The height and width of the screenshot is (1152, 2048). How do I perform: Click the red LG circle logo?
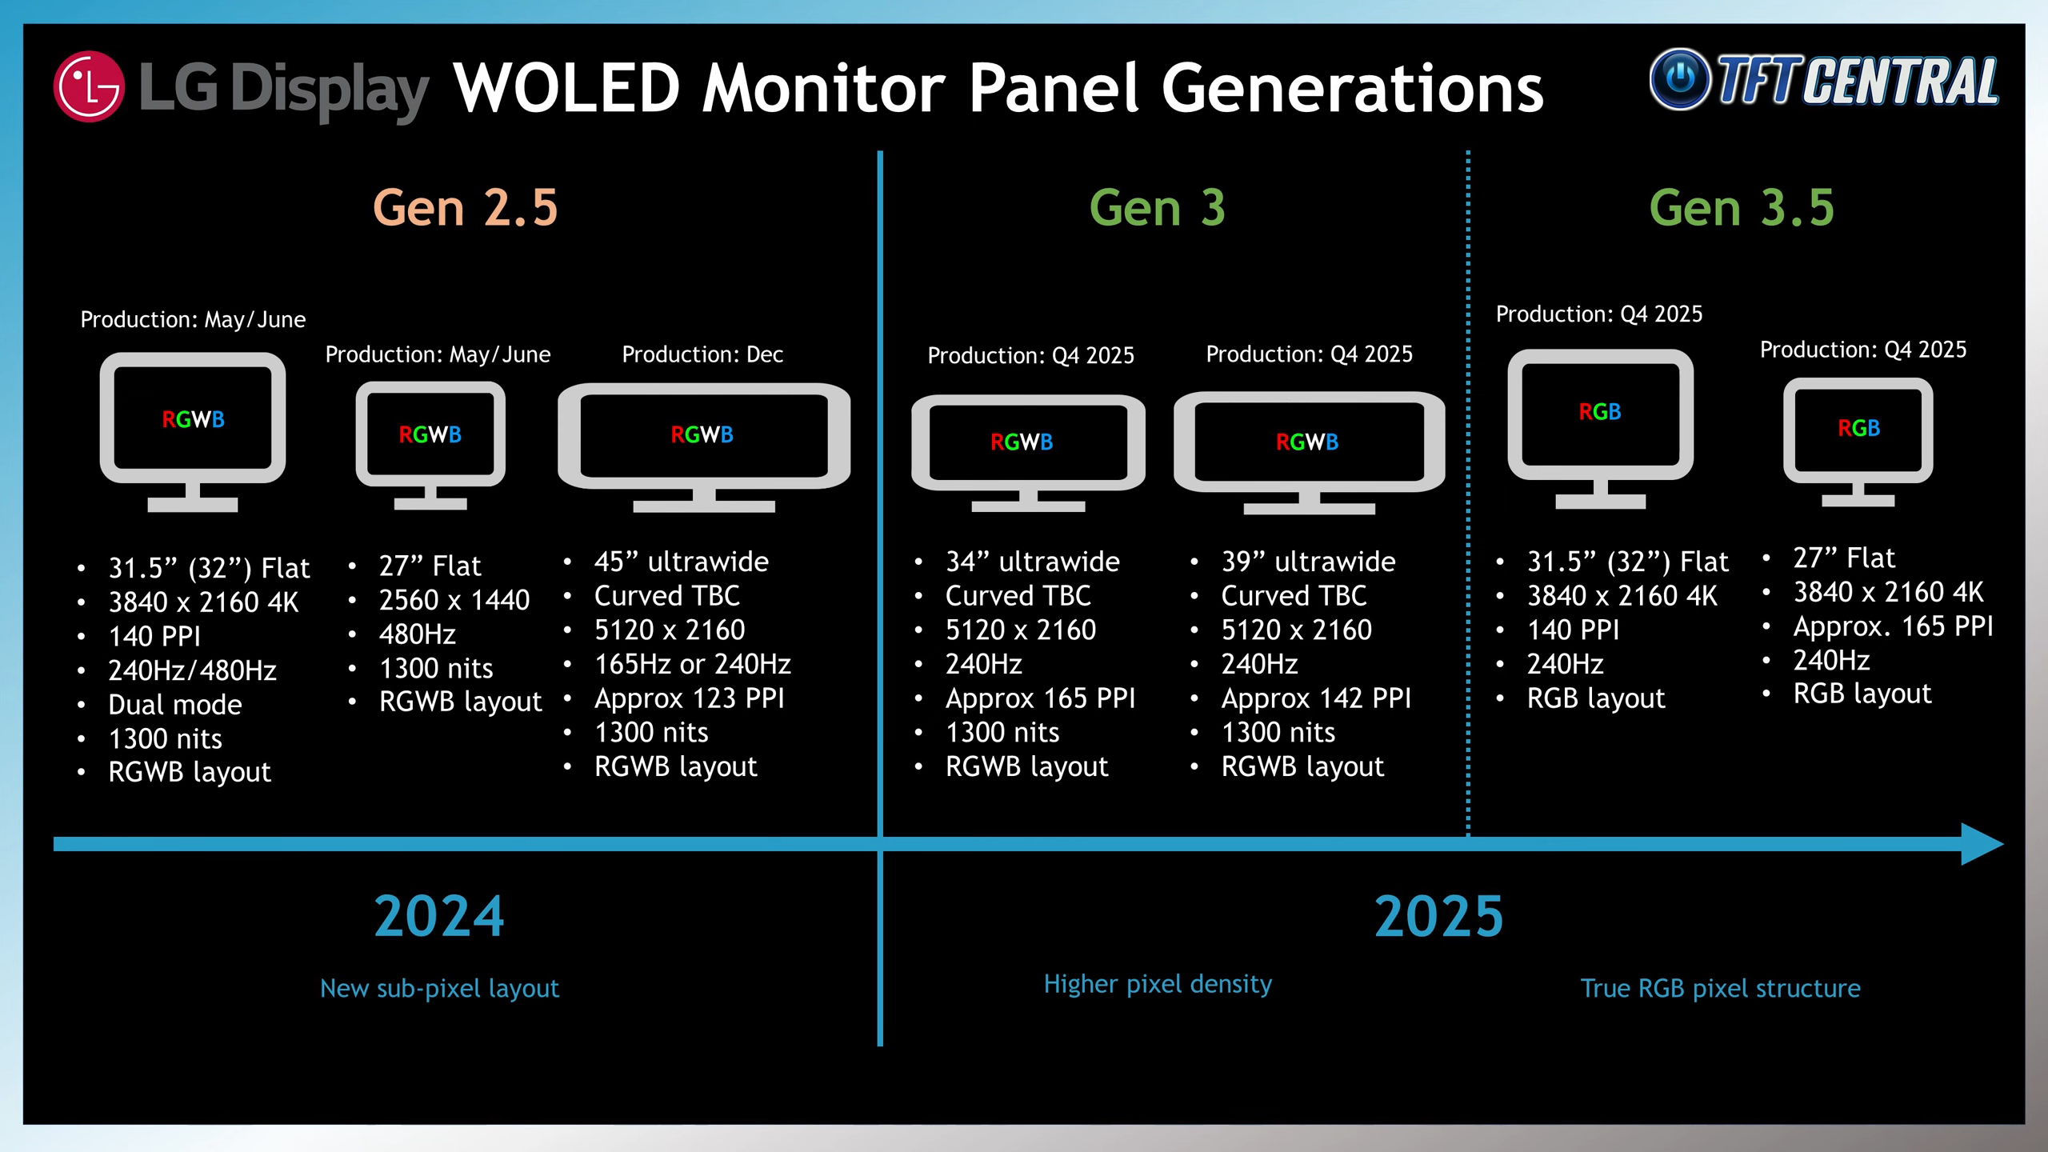89,86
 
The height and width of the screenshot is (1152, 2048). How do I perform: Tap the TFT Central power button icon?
1680,78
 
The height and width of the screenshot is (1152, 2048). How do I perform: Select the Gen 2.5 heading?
465,208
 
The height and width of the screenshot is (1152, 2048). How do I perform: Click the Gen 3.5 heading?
1742,208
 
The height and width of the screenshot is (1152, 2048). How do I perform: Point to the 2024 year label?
439,916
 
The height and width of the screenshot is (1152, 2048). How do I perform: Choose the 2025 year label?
1439,916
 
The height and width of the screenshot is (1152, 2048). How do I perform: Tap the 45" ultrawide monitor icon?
704,447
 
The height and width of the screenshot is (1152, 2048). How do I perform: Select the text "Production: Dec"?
702,354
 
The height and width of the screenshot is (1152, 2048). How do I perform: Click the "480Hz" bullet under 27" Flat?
418,634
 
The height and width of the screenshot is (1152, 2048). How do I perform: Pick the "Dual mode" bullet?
175,705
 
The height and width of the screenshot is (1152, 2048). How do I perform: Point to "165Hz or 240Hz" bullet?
693,664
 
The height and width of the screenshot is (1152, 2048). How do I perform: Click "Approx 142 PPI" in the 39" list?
1316,698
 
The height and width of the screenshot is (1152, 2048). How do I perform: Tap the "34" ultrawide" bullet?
1033,562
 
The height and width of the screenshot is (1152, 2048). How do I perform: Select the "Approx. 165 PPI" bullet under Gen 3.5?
1894,626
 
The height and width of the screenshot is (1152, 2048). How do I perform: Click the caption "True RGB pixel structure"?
1721,988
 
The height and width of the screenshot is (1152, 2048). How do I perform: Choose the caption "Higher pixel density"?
1158,984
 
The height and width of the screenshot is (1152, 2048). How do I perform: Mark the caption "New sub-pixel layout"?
439,989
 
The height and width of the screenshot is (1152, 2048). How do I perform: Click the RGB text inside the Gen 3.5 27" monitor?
1858,428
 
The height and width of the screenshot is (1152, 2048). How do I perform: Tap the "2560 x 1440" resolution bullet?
454,600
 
